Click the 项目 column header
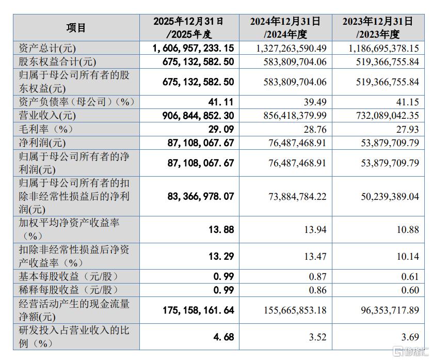76,28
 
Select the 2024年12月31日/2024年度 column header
285,28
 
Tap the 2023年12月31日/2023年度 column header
378,28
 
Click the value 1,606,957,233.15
193,48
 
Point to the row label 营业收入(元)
47,115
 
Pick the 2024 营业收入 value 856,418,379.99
295,115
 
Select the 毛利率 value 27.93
407,129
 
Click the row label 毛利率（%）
45,129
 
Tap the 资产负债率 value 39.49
315,102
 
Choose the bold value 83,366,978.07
201,196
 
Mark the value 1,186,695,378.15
384,48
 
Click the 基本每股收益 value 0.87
317,276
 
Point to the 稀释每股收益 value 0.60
410,290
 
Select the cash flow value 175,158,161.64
198,310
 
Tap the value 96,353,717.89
390,310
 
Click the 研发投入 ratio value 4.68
223,337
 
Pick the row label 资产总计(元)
47,48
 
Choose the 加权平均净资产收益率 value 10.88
408,229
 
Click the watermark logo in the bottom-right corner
410,351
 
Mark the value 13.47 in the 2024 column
315,256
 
